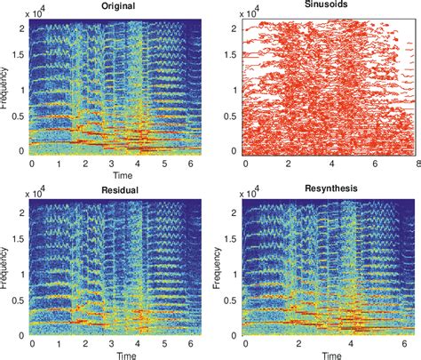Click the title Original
click(x=113, y=6)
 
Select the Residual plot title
click(x=113, y=189)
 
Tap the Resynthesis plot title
click(x=325, y=189)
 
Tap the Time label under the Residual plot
click(x=112, y=354)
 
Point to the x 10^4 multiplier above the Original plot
click(x=41, y=11)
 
